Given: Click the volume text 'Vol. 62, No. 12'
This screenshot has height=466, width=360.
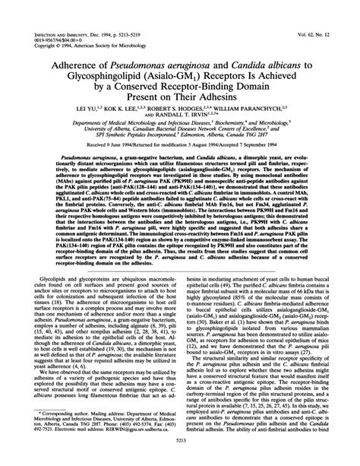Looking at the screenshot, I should (x=321, y=36).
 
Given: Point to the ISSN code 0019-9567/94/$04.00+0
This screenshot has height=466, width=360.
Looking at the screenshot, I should (x=60, y=41).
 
